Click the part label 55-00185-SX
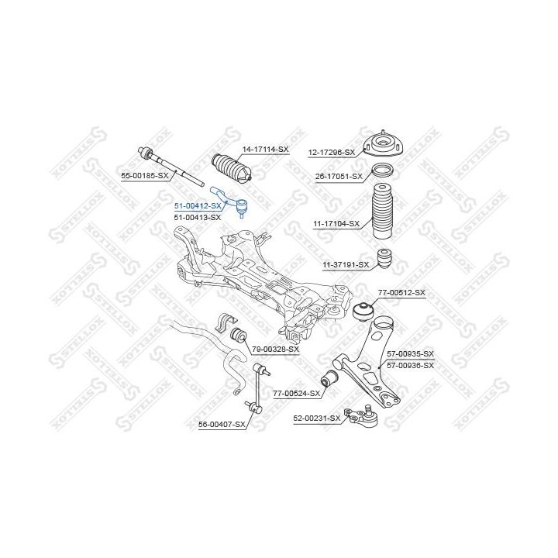coord(144,176)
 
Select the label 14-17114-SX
coord(265,148)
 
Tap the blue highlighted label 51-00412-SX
coord(197,205)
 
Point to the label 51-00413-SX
coord(197,217)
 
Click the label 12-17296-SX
coord(331,152)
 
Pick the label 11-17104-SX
coord(336,224)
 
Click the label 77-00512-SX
coord(401,292)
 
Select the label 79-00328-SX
coord(275,350)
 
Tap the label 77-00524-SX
coord(297,394)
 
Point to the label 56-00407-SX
coord(222,425)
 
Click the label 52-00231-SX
coord(316,418)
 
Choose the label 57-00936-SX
coord(410,364)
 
